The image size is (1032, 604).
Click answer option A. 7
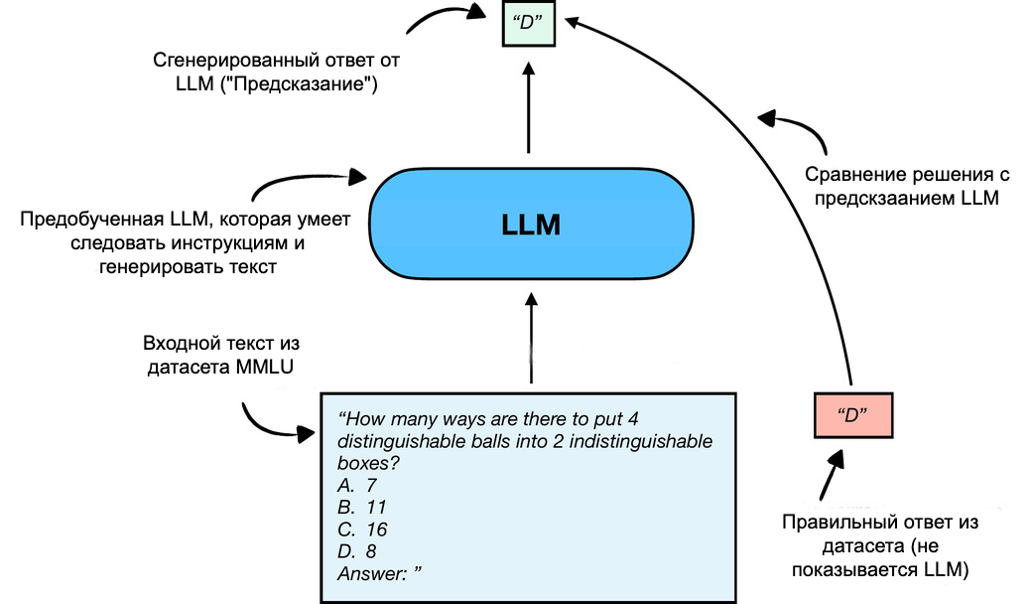click(x=358, y=486)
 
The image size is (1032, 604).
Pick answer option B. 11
click(x=361, y=508)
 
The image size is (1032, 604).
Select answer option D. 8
click(x=358, y=551)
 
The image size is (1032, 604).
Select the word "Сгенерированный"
click(x=224, y=62)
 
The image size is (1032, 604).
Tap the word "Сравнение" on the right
click(x=849, y=175)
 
